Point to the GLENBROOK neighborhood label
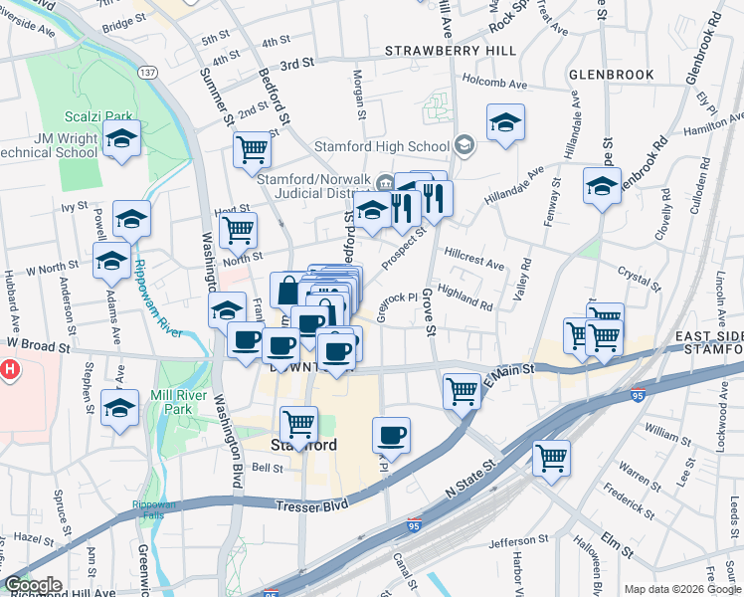611,75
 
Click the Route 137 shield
147,73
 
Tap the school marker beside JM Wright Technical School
121,139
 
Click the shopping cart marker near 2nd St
253,150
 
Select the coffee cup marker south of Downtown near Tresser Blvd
392,436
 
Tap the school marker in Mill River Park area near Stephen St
120,407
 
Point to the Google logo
33,585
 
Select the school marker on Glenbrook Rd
601,186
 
